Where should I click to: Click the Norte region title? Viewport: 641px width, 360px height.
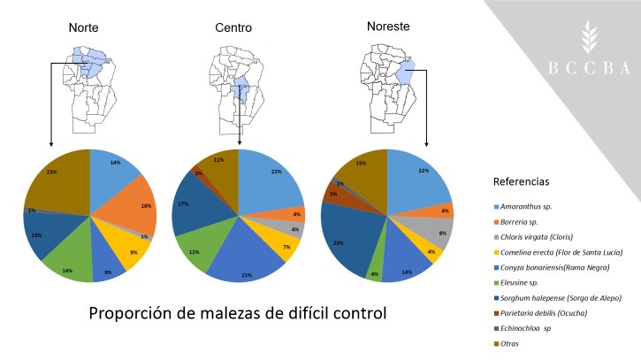coord(88,28)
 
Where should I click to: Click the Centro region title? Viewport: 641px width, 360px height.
coord(233,28)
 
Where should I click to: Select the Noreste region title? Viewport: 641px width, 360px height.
coord(389,27)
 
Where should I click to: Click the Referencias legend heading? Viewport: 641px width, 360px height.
coord(521,181)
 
